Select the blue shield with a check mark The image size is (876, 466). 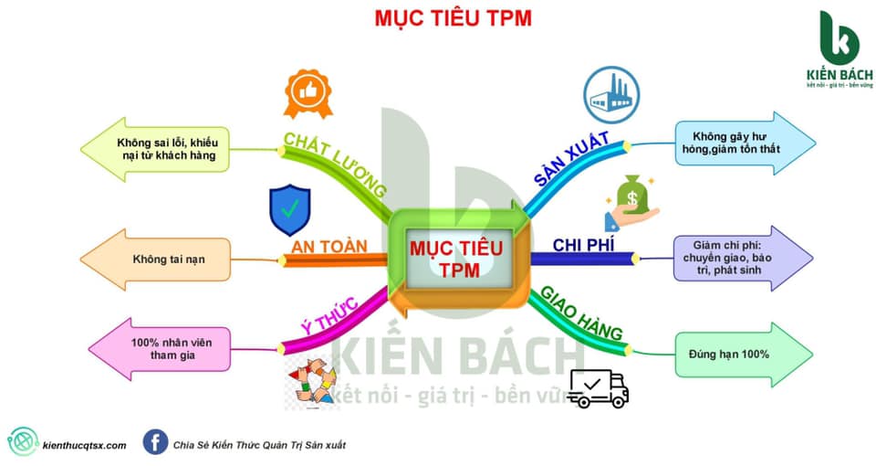[289, 210]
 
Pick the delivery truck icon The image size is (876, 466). [598, 388]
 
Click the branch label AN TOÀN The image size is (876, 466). [329, 247]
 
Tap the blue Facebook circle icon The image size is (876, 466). [155, 443]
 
